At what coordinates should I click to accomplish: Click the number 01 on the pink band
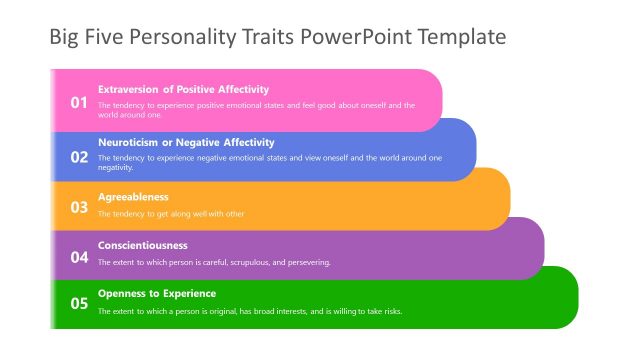78,102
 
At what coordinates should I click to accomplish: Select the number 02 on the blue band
78,156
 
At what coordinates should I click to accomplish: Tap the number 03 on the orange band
78,207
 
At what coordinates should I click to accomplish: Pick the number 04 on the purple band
78,257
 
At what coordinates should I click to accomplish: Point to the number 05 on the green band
78,304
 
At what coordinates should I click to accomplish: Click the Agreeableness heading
133,197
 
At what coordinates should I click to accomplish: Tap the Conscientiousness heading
142,245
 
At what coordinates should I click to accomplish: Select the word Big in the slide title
65,39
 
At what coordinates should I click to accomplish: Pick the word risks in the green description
391,311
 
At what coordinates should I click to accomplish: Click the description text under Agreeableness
171,214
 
